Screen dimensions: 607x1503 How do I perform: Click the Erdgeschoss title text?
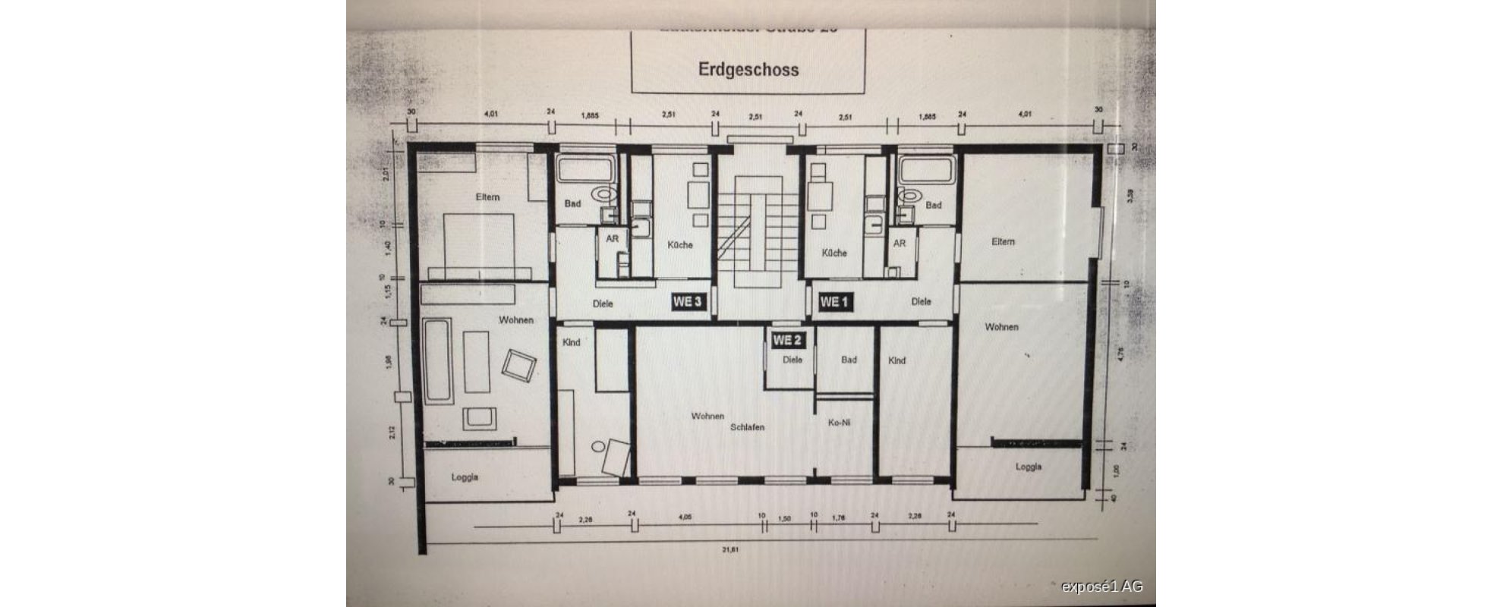pyautogui.click(x=748, y=70)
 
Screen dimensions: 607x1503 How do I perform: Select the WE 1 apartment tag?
pyautogui.click(x=833, y=302)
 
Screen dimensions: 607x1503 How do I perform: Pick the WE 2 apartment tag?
pyautogui.click(x=787, y=341)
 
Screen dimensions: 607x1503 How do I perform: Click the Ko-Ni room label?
pyautogui.click(x=838, y=423)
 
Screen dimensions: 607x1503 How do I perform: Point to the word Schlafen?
pyautogui.click(x=747, y=427)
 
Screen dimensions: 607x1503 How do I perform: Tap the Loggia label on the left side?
pyautogui.click(x=465, y=477)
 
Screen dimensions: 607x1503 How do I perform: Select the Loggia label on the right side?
pyautogui.click(x=1028, y=467)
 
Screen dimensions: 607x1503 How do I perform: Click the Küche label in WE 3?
pyautogui.click(x=680, y=245)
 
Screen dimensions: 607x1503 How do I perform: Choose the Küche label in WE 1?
pyautogui.click(x=833, y=253)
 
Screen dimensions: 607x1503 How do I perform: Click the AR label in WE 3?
pyautogui.click(x=612, y=239)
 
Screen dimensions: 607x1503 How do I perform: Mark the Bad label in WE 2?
pyautogui.click(x=848, y=360)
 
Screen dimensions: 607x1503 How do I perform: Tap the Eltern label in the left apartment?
pyautogui.click(x=487, y=197)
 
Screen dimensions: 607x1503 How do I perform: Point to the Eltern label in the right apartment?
pyautogui.click(x=1002, y=241)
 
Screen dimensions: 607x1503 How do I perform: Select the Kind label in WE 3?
pyautogui.click(x=571, y=342)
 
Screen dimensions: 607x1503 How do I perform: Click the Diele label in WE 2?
pyautogui.click(x=792, y=360)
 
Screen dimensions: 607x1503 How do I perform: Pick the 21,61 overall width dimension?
pyautogui.click(x=729, y=549)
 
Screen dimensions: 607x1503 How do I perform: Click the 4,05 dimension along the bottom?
pyautogui.click(x=684, y=518)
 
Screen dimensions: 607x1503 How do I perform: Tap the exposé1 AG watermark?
pyautogui.click(x=1101, y=587)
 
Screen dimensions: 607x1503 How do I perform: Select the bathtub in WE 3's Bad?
pyautogui.click(x=585, y=169)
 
